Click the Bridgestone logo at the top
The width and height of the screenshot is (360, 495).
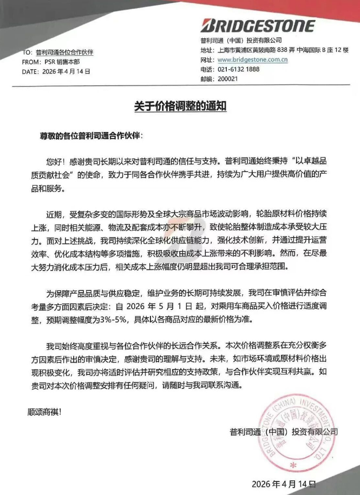click(257, 25)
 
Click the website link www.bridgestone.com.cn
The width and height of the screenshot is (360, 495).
click(252, 60)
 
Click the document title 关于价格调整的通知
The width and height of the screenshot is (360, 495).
click(180, 106)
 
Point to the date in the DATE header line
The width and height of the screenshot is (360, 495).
click(66, 71)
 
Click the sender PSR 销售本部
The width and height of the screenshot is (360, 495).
click(58, 62)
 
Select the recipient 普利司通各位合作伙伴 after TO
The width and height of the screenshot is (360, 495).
click(65, 52)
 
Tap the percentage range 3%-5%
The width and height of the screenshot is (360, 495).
click(114, 319)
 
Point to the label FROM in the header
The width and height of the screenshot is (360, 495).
click(31, 62)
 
